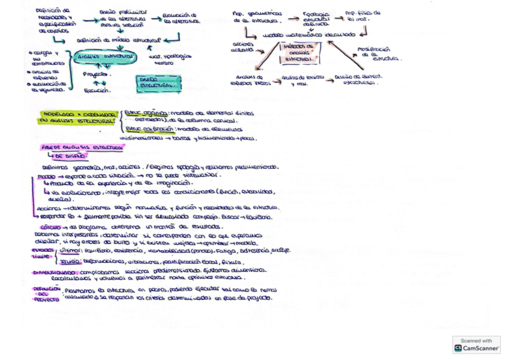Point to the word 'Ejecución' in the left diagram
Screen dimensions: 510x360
pos(97,90)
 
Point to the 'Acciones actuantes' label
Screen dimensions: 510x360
pos(244,48)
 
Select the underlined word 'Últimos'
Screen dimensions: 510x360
pos(70,249)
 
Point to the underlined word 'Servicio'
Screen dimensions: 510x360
pos(71,260)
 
